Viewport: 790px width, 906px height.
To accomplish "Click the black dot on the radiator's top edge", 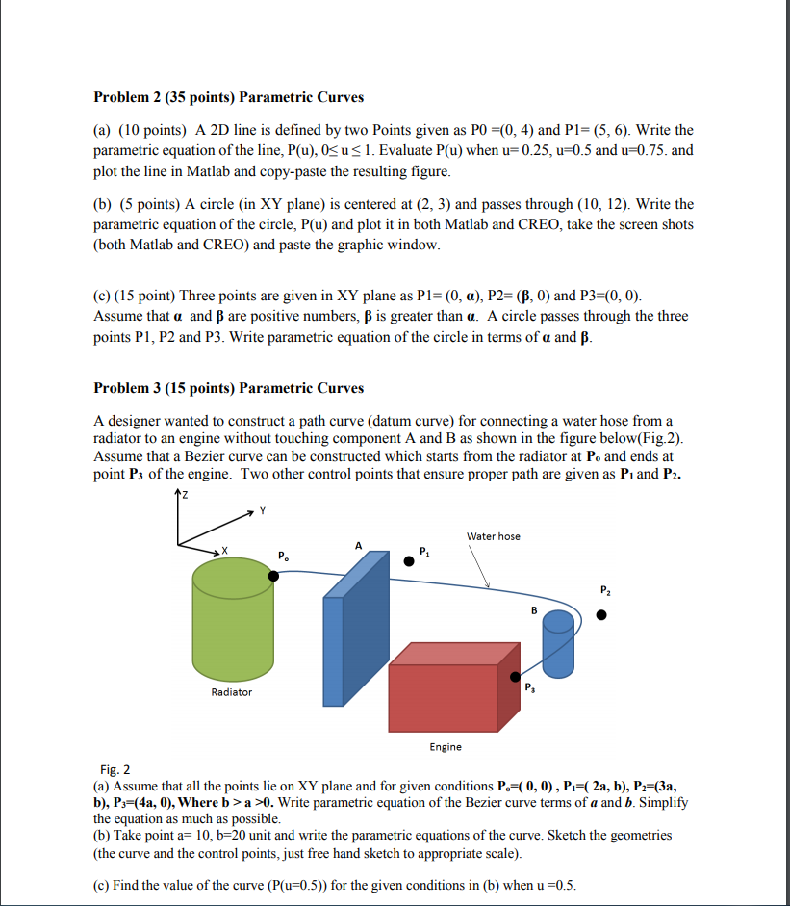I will click(274, 576).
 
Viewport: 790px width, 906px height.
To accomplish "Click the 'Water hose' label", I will click(493, 536).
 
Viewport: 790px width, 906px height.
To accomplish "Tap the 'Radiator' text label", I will click(231, 692).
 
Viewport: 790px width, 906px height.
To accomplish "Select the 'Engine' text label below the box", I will click(446, 747).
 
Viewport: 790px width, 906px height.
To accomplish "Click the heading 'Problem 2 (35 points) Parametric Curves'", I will click(228, 97).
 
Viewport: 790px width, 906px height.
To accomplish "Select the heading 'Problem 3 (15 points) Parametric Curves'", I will click(228, 388).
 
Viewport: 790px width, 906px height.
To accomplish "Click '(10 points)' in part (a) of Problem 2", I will click(152, 130).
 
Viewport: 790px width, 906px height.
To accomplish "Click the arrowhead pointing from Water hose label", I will click(489, 584).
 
